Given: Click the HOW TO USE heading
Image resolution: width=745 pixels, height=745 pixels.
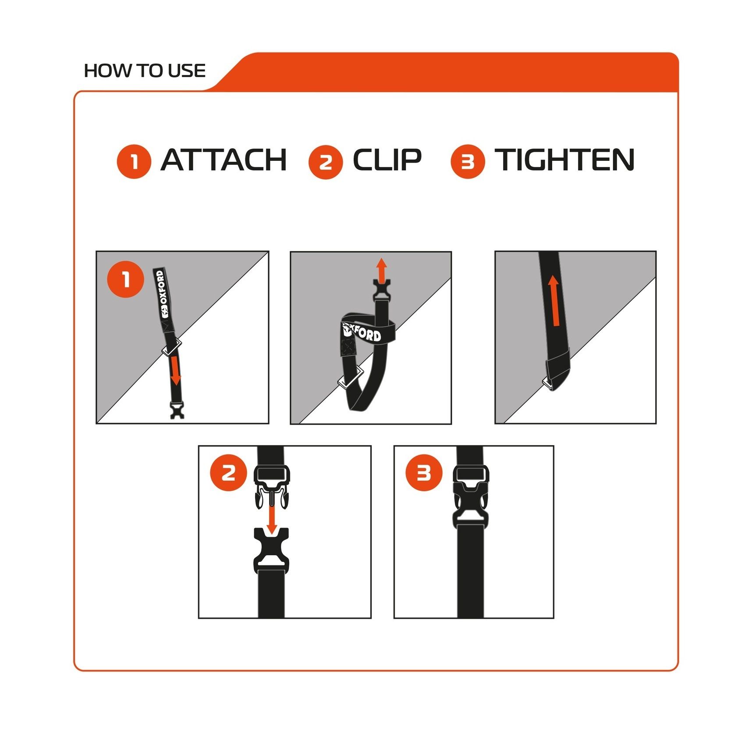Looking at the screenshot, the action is [145, 71].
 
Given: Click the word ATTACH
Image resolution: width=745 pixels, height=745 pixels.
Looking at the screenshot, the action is [223, 160].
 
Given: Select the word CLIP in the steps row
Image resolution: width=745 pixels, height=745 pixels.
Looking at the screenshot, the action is [387, 160].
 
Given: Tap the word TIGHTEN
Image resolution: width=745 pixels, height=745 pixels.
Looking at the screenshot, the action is [564, 160].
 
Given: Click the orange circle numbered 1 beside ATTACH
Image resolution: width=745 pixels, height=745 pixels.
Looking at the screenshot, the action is [134, 162].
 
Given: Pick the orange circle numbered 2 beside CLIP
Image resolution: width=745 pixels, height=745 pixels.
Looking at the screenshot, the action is [326, 162].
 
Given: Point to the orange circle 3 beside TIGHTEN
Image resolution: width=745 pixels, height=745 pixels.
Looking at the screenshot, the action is [468, 162].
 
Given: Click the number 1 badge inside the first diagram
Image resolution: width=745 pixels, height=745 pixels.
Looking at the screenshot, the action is [126, 279].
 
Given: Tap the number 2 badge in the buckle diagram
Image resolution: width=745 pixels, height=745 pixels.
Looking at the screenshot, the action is [228, 473].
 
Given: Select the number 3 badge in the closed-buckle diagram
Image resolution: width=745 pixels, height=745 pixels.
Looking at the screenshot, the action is [424, 473].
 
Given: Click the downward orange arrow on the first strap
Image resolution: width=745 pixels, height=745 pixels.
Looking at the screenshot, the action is [175, 370].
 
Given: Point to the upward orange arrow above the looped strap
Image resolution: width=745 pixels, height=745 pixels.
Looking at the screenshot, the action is [382, 270].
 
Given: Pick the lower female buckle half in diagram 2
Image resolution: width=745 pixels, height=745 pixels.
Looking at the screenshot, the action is [271, 550].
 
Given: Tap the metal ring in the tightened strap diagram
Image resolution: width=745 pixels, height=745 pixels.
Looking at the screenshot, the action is [548, 383].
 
